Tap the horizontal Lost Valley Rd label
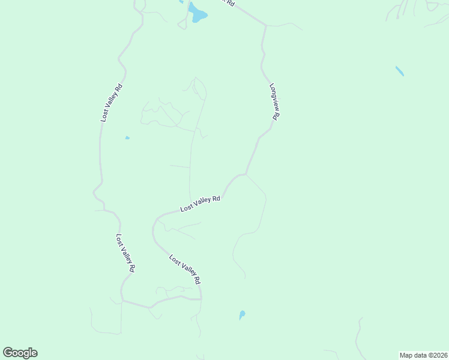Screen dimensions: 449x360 [200, 204]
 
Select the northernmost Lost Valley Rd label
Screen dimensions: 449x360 [112, 103]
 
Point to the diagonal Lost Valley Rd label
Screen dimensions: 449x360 [184, 269]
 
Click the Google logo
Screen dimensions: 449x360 [20, 353]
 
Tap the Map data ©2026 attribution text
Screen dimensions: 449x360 [423, 355]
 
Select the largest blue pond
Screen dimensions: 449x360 [197, 13]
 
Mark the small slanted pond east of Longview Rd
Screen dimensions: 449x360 [400, 71]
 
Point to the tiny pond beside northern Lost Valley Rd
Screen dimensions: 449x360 [127, 138]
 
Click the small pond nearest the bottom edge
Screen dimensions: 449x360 [242, 314]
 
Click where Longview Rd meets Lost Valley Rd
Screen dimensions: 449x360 [246, 174]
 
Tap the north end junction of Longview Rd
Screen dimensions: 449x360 [265, 25]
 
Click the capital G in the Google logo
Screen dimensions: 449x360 [8, 352]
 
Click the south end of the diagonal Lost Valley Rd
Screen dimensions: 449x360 [200, 298]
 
